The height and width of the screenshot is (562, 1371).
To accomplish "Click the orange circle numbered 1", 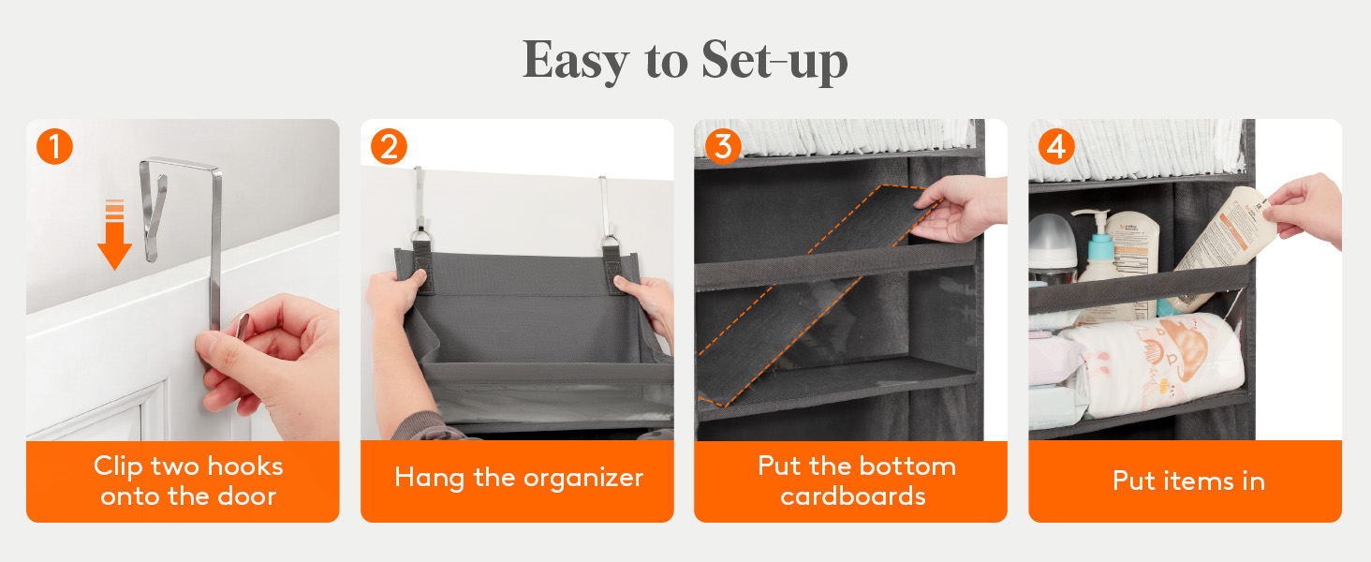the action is pyautogui.click(x=54, y=147).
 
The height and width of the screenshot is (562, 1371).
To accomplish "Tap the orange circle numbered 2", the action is pyautogui.click(x=389, y=147).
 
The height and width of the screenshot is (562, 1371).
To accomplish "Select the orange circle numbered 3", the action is pyautogui.click(x=723, y=147).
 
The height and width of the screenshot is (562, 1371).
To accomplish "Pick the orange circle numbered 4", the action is pyautogui.click(x=1057, y=147).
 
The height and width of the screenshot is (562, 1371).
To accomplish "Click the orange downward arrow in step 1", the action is pyautogui.click(x=114, y=234).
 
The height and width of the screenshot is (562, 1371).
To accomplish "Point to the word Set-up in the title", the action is pyautogui.click(x=774, y=61).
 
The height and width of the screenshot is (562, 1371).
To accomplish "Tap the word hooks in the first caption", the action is pyautogui.click(x=244, y=466).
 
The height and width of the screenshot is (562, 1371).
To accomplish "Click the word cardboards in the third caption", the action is pyautogui.click(x=852, y=495).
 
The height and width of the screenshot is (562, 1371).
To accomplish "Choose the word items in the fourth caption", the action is pyautogui.click(x=1198, y=481).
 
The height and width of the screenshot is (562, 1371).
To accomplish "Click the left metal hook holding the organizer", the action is pyautogui.click(x=420, y=208).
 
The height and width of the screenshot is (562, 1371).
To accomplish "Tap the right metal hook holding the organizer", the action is pyautogui.click(x=608, y=211).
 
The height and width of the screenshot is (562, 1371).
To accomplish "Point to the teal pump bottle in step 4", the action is pyautogui.click(x=1099, y=251).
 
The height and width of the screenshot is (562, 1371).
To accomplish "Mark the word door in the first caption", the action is pyautogui.click(x=246, y=495).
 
